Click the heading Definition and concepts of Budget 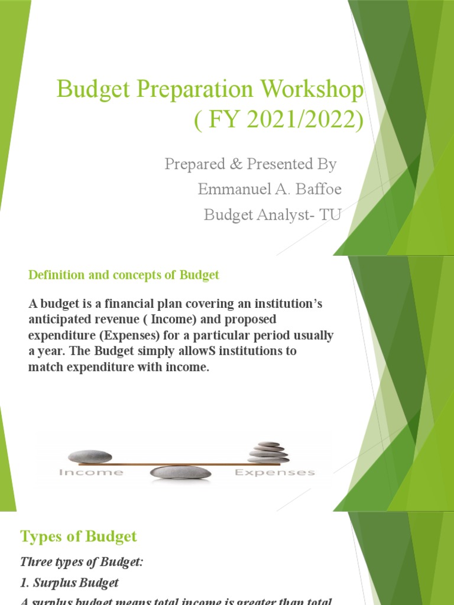[x=124, y=275]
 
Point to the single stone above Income [x=90, y=456]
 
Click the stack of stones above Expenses [x=268, y=452]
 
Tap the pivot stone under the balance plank [x=180, y=473]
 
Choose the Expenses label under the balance [x=275, y=473]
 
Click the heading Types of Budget [x=79, y=536]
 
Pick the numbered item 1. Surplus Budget [x=70, y=583]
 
